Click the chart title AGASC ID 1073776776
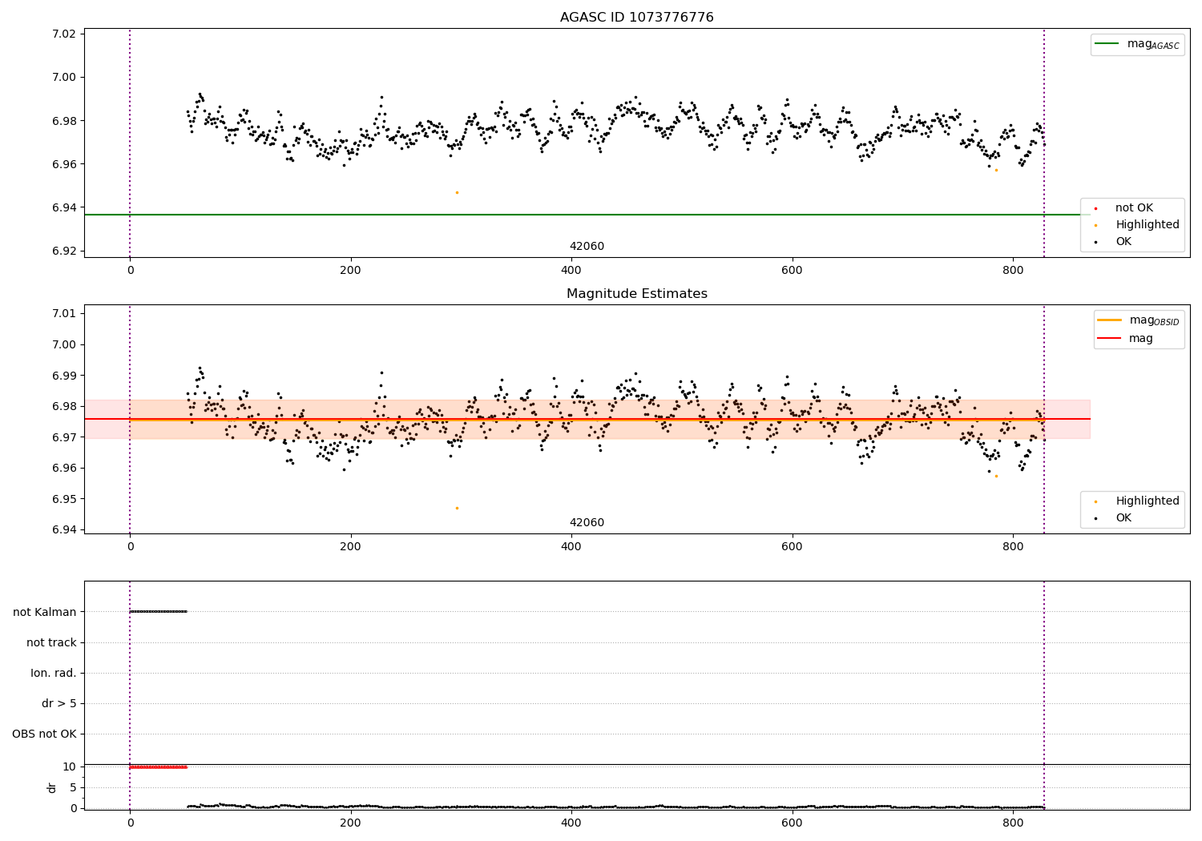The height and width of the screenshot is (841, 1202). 636,18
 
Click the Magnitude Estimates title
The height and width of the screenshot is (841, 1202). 636,294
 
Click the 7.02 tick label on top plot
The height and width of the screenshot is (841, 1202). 63,34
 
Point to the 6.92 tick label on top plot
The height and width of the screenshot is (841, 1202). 63,251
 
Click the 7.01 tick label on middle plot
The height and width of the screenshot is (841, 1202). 63,313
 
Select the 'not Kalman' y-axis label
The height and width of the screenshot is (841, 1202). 45,612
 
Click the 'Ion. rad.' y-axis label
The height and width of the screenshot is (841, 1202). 54,674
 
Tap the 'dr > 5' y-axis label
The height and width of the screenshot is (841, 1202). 59,704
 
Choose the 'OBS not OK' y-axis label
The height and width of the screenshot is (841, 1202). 45,734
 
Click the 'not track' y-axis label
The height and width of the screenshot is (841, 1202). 51,642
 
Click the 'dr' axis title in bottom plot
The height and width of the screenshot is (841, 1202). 52,787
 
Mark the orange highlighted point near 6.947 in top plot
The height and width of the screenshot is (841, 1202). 457,192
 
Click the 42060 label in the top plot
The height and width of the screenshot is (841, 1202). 587,247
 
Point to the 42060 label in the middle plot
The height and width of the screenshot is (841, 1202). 587,523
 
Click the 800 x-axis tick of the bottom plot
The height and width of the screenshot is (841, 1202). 1013,823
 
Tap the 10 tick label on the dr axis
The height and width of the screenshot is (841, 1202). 69,767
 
